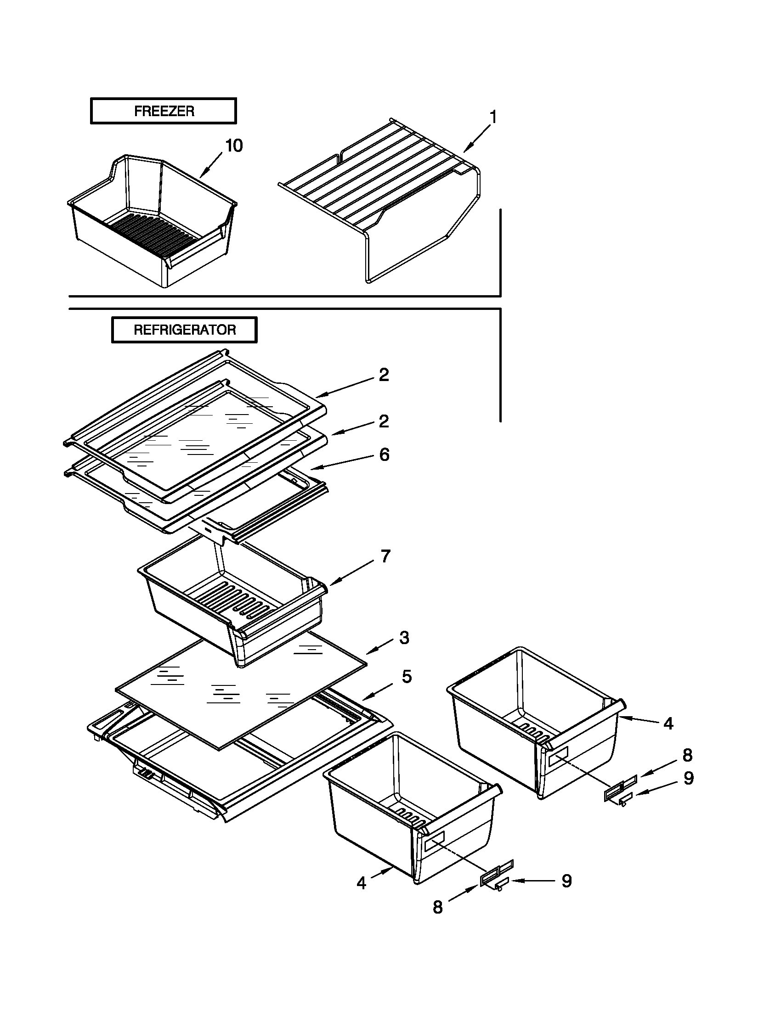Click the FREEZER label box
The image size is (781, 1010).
164,111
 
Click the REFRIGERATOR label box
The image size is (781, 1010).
184,330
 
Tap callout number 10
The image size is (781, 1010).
234,146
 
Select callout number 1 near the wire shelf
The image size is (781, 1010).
493,118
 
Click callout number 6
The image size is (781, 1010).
385,454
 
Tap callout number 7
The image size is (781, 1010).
385,556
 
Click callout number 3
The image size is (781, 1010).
404,638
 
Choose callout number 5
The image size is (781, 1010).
406,677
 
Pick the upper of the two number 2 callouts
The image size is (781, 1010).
384,375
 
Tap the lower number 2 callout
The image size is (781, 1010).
384,421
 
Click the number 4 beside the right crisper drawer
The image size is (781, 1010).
668,724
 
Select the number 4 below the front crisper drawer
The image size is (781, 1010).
362,883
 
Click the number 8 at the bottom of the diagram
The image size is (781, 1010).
437,907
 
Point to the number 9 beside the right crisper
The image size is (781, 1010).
689,778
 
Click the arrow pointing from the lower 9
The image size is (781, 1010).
532,881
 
